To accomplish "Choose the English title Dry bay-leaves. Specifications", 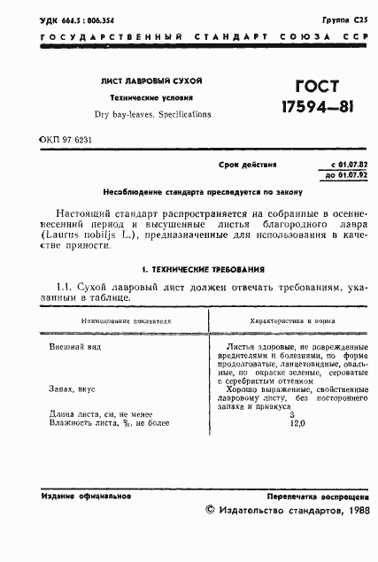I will [x=153, y=114].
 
